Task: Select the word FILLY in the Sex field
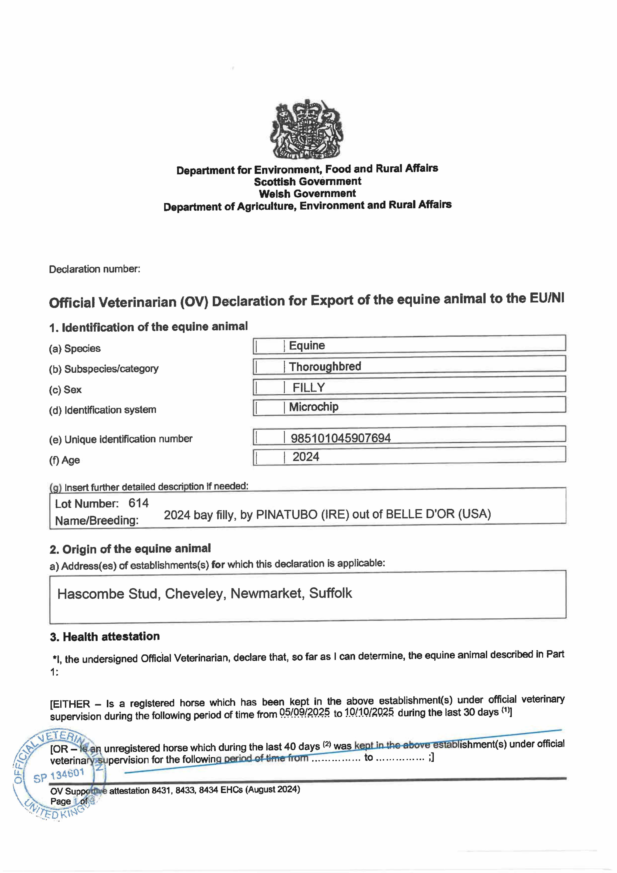tap(309, 387)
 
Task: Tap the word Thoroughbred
tap(325, 366)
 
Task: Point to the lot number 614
tap(138, 503)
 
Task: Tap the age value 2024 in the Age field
tap(306, 457)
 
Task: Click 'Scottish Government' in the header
tap(308, 181)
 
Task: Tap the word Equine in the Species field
tap(307, 346)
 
